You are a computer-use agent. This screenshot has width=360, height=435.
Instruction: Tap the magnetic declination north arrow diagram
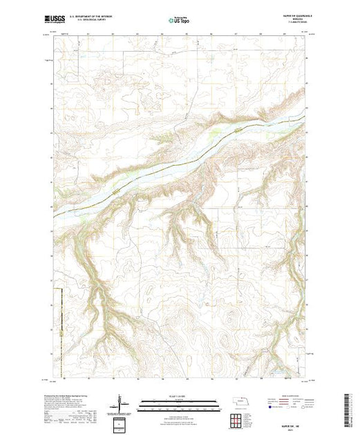(122, 402)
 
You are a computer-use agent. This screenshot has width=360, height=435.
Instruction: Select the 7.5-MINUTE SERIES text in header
(292, 24)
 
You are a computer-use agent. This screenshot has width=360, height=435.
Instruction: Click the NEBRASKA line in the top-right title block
(291, 20)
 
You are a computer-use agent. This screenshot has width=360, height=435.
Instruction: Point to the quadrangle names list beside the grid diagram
(254, 418)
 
